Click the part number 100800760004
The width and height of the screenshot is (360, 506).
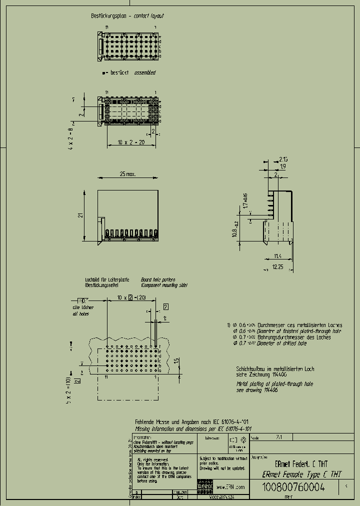pyautogui.click(x=293, y=487)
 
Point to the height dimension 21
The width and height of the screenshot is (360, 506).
pyautogui.click(x=79, y=215)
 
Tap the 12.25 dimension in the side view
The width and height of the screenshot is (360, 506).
pyautogui.click(x=277, y=267)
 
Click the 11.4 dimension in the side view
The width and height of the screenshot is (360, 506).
pyautogui.click(x=277, y=256)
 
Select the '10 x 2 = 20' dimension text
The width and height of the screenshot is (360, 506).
pyautogui.click(x=130, y=142)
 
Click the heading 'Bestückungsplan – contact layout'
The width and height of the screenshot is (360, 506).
pyautogui.click(x=127, y=16)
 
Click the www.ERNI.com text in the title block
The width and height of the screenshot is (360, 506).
pyautogui.click(x=231, y=487)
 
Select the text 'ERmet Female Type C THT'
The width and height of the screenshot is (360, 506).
pyautogui.click(x=302, y=473)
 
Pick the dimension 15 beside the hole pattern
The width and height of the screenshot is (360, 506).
pyautogui.click(x=176, y=361)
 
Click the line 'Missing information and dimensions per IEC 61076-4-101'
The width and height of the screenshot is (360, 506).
pyautogui.click(x=193, y=429)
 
